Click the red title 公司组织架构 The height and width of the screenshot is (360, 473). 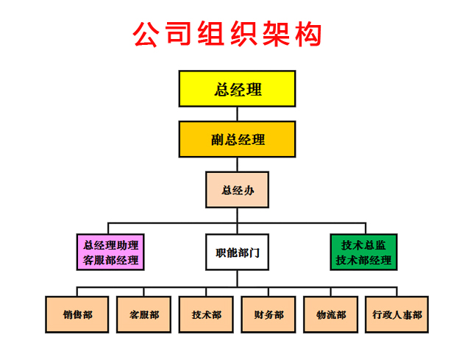pyautogui.click(x=227, y=34)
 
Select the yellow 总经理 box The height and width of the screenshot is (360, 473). pyautogui.click(x=237, y=90)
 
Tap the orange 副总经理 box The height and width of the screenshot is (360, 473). pyautogui.click(x=237, y=138)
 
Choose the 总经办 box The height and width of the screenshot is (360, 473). pyautogui.click(x=237, y=189)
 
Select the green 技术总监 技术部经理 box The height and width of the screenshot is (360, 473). pyautogui.click(x=363, y=252)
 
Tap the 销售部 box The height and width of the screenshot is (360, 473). pyautogui.click(x=77, y=314)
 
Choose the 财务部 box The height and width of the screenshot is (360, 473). pyautogui.click(x=268, y=314)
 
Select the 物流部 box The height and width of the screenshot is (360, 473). pyautogui.click(x=331, y=314)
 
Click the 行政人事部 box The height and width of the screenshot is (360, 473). pyautogui.click(x=396, y=314)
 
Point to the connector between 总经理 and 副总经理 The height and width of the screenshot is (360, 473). pyautogui.click(x=237, y=114)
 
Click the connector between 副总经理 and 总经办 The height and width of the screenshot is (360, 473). pyautogui.click(x=237, y=164)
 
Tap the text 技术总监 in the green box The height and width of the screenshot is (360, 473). pyautogui.click(x=363, y=244)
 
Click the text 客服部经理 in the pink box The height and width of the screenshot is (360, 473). pyautogui.click(x=111, y=260)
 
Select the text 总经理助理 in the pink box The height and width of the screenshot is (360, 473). pyautogui.click(x=111, y=244)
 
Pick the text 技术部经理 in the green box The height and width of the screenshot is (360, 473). pyautogui.click(x=363, y=260)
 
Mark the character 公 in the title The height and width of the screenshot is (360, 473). pyautogui.click(x=146, y=34)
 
